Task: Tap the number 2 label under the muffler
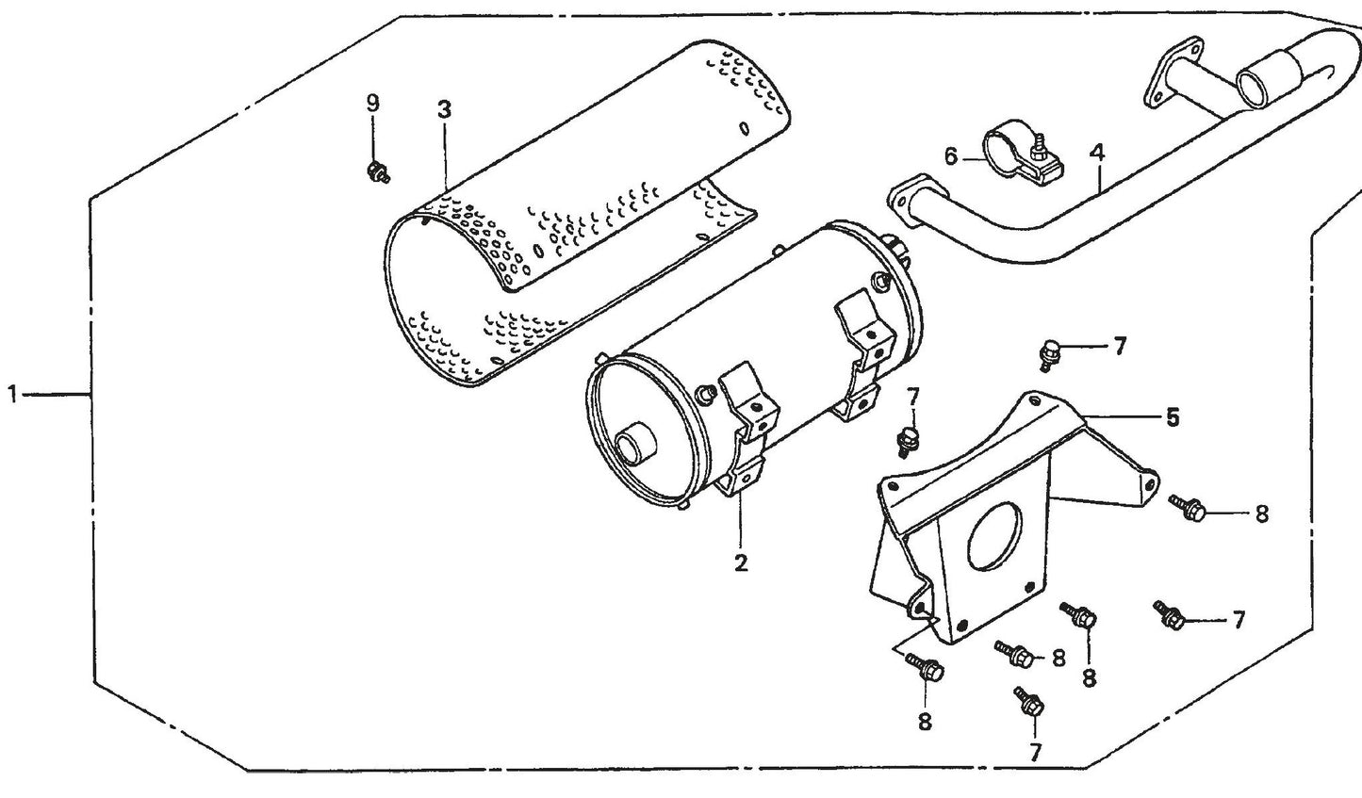pyautogui.click(x=741, y=563)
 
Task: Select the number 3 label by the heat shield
pyautogui.click(x=444, y=109)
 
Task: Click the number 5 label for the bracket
pyautogui.click(x=1172, y=416)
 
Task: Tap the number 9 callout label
pyautogui.click(x=373, y=102)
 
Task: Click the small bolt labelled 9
pyautogui.click(x=377, y=171)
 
